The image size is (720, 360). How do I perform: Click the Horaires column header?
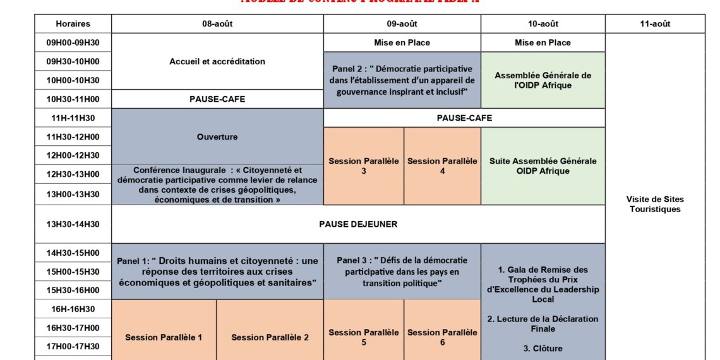pyautogui.click(x=73, y=24)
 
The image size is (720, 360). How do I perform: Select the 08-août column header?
pyautogui.click(x=217, y=24)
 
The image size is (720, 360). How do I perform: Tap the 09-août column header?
pyautogui.click(x=402, y=24)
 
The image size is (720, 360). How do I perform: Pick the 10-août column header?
pyautogui.click(x=543, y=24)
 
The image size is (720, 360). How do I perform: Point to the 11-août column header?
pyautogui.click(x=655, y=24)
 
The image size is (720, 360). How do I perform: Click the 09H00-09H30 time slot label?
pyautogui.click(x=73, y=43)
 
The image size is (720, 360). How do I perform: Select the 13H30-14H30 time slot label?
pyautogui.click(x=73, y=224)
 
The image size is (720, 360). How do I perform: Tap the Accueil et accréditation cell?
pyautogui.click(x=217, y=62)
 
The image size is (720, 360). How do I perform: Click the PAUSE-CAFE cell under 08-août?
pyautogui.click(x=217, y=99)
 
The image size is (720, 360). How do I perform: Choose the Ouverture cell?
pyautogui.click(x=217, y=136)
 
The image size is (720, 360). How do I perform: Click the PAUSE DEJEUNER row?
pyautogui.click(x=358, y=224)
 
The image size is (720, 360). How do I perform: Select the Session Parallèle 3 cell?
pyautogui.click(x=364, y=166)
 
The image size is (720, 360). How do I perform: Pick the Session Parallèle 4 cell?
pyautogui.click(x=442, y=166)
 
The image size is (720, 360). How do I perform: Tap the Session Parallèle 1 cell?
pyautogui.click(x=164, y=337)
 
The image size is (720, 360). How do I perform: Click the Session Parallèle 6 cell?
pyautogui.click(x=442, y=337)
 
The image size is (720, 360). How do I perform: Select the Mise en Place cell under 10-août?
pyautogui.click(x=543, y=43)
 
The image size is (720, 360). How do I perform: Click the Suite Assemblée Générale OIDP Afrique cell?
pyautogui.click(x=543, y=166)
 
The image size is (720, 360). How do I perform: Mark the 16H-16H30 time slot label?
pyautogui.click(x=73, y=309)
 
